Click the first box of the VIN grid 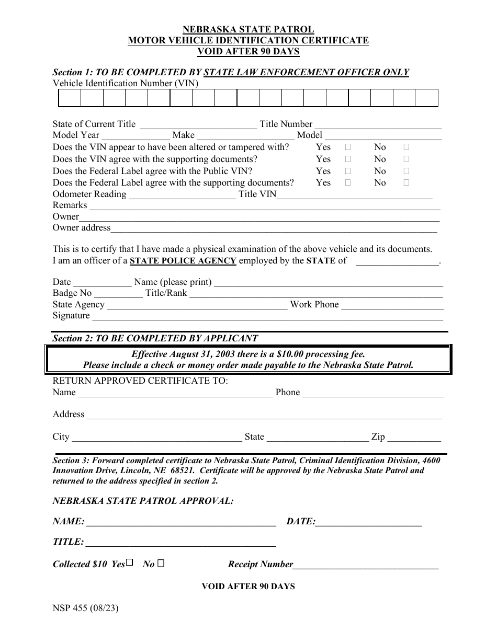point(69,98)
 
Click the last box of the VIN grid point(427,98)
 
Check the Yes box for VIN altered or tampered point(347,147)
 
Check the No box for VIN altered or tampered point(406,147)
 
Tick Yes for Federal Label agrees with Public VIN point(347,171)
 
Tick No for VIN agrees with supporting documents point(406,159)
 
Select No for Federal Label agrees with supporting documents point(406,183)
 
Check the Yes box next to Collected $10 point(130,563)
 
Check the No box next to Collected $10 point(161,564)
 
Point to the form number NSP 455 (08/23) point(82,608)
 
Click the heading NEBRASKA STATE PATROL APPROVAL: point(143,501)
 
